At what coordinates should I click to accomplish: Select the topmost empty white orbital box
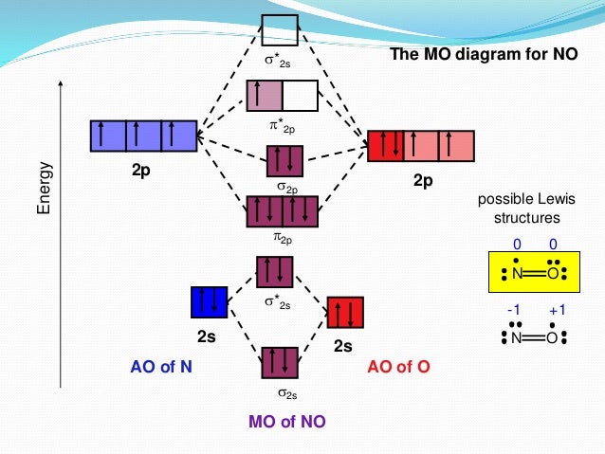pos(280,30)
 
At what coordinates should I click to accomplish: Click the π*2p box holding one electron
pos(264,97)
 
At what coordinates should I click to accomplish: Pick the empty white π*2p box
pos(300,97)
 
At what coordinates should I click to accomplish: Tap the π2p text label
pos(283,234)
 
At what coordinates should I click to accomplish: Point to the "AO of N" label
pos(161,367)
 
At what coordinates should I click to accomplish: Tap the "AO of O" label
pos(398,367)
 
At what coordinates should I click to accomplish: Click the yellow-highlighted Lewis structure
pos(526,273)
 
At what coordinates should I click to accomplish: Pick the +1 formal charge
pos(556,310)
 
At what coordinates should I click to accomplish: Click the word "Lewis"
pos(549,200)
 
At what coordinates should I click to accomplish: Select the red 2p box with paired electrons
pos(386,145)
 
